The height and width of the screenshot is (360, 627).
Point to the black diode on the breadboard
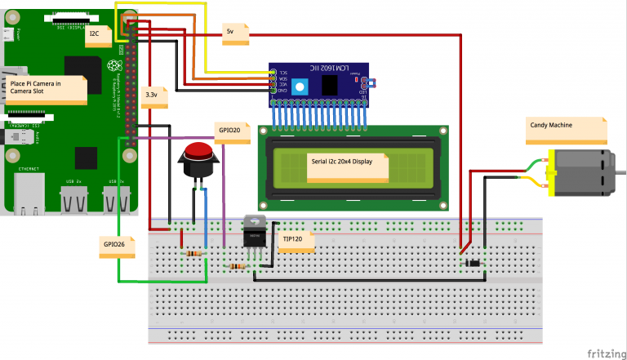[472, 263]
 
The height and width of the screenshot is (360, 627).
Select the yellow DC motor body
[580, 172]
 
